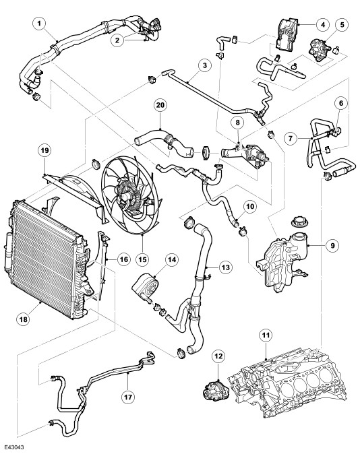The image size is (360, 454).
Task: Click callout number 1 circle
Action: click(x=39, y=24)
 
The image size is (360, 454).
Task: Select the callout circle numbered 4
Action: click(x=323, y=25)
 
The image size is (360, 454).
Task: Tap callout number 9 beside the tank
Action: click(x=332, y=246)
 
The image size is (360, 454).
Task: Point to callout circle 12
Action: click(x=218, y=356)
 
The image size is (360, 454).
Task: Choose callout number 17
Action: click(x=128, y=397)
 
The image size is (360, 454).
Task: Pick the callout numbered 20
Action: click(x=160, y=105)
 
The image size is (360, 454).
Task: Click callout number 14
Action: click(x=172, y=260)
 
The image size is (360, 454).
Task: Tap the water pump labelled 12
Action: click(x=216, y=391)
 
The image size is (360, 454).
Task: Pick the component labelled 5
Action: click(x=319, y=51)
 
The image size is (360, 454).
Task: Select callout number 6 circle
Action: click(x=341, y=103)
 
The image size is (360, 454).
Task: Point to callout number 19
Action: click(x=44, y=150)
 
